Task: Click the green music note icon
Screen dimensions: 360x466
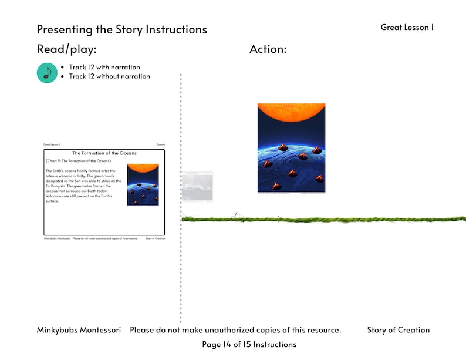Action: pyautogui.click(x=47, y=72)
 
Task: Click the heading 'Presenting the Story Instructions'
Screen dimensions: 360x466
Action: pyautogui.click(x=121, y=29)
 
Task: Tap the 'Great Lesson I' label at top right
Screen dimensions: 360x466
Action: pyautogui.click(x=407, y=27)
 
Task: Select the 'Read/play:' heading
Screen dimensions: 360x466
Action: pyautogui.click(x=66, y=49)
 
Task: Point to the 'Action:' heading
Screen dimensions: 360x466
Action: pyautogui.click(x=268, y=49)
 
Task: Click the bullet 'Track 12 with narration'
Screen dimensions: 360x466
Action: pyautogui.click(x=104, y=67)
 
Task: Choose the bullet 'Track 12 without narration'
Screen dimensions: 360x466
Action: pyautogui.click(x=109, y=76)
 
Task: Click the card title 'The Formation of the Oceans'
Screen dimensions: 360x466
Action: pyautogui.click(x=104, y=153)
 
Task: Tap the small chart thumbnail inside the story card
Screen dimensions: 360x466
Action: pyautogui.click(x=143, y=184)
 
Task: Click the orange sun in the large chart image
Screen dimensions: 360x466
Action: pyautogui.click(x=291, y=112)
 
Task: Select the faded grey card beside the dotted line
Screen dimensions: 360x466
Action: pyautogui.click(x=197, y=187)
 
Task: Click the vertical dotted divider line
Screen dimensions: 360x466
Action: pyautogui.click(x=180, y=264)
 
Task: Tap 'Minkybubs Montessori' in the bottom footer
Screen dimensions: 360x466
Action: pyautogui.click(x=79, y=330)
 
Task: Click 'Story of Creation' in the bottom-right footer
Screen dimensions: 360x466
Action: pyautogui.click(x=398, y=330)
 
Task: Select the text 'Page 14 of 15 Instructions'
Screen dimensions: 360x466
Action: pyautogui.click(x=249, y=345)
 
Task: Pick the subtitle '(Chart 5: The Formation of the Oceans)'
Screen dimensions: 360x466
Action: pyautogui.click(x=78, y=160)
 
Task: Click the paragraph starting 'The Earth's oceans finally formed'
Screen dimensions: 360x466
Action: pyautogui.click(x=83, y=186)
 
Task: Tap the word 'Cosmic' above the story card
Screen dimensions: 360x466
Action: pyautogui.click(x=160, y=144)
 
